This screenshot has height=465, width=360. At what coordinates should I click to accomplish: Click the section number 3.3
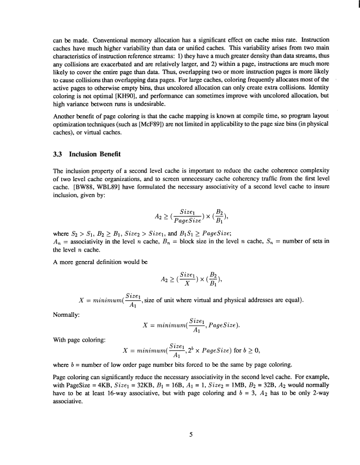pyautogui.click(x=58, y=154)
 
